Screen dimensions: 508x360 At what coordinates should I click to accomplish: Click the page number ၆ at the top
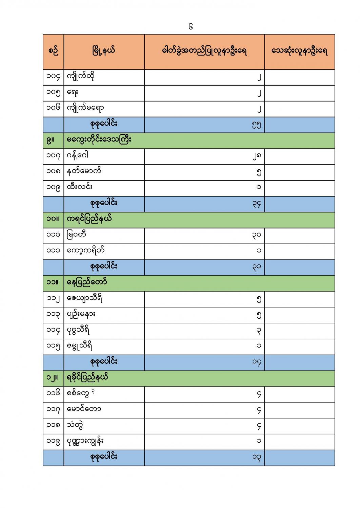pyautogui.click(x=191, y=27)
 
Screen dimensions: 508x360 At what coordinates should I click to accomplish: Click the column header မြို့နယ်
pyautogui.click(x=103, y=51)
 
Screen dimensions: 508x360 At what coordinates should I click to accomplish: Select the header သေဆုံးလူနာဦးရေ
pyautogui.click(x=299, y=51)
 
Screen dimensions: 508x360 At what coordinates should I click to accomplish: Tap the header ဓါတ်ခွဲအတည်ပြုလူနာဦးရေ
pyautogui.click(x=204, y=51)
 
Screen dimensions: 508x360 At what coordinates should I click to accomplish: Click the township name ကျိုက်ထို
pyautogui.click(x=81, y=77)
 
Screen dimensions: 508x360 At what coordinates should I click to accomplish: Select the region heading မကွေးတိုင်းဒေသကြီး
pyautogui.click(x=99, y=140)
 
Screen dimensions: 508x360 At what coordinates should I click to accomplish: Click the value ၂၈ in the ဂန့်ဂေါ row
pyautogui.click(x=257, y=156)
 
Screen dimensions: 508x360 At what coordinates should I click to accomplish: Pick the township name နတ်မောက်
pyautogui.click(x=84, y=172)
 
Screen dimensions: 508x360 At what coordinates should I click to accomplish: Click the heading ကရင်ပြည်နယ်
pyautogui.click(x=89, y=219)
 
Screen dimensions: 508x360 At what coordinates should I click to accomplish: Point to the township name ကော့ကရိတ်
pyautogui.click(x=86, y=251)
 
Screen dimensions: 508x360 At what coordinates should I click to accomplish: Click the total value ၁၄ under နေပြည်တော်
pyautogui.click(x=257, y=362)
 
